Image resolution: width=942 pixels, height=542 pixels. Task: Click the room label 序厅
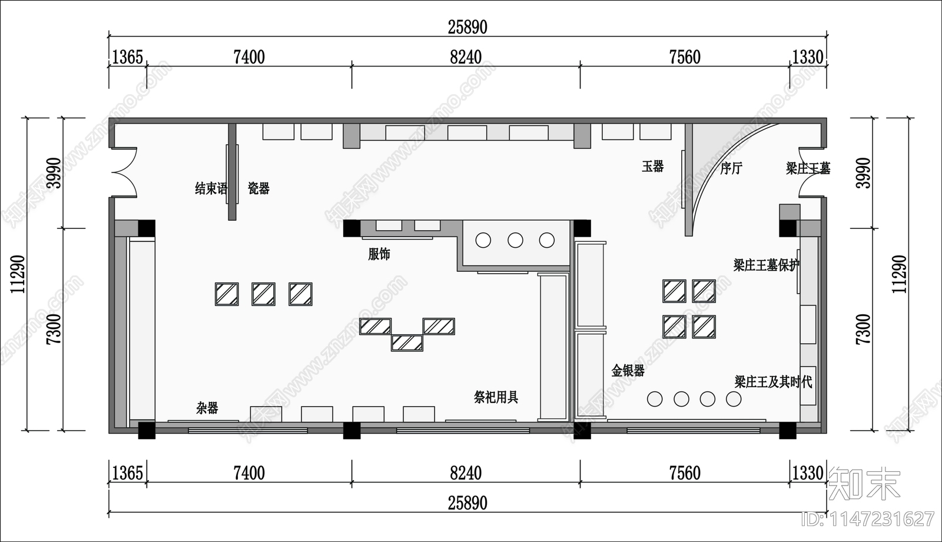731,169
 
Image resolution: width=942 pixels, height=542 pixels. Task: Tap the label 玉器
653,167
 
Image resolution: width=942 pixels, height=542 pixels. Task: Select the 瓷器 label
258,188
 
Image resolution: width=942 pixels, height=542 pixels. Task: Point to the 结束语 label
211,188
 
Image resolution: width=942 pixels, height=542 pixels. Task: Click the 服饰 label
379,254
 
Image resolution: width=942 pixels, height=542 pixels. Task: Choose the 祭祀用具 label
496,397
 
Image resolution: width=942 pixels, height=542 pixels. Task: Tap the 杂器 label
207,408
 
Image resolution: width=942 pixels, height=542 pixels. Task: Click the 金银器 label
628,370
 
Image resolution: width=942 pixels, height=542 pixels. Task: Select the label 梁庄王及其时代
773,382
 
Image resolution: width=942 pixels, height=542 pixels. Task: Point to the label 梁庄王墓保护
766,265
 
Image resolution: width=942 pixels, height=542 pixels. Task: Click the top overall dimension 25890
467,27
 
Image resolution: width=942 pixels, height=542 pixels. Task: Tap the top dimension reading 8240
466,57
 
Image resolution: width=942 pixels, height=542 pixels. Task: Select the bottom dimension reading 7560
685,474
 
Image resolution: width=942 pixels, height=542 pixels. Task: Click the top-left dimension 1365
127,57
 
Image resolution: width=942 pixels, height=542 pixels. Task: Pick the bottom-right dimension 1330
807,474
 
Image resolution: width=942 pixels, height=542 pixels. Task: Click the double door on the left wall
124,172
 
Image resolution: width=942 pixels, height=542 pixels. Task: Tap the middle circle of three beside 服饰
515,240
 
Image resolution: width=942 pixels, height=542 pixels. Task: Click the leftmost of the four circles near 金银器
655,399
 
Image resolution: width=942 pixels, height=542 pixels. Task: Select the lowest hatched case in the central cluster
407,343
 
